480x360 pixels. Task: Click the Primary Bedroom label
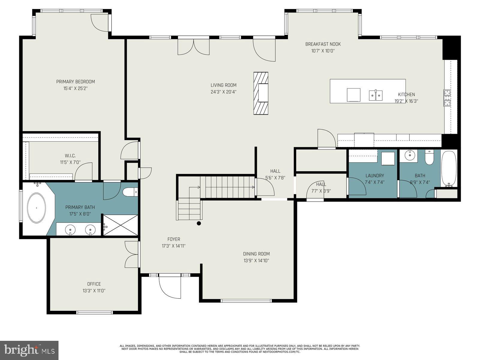click(x=75, y=82)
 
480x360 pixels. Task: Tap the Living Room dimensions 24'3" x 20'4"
click(x=223, y=92)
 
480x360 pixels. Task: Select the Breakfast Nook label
click(x=323, y=44)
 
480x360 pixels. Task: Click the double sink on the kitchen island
click(x=376, y=95)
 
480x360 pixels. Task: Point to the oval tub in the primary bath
click(x=37, y=208)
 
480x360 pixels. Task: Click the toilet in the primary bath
click(x=130, y=192)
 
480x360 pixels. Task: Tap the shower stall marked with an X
click(x=121, y=225)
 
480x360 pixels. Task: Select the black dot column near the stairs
click(x=199, y=223)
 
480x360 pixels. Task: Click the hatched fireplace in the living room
click(x=261, y=93)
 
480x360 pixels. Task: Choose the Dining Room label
click(x=256, y=254)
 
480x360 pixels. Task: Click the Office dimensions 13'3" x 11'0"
click(x=94, y=291)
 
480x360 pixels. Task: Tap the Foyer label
click(x=174, y=239)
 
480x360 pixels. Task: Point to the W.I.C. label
click(x=70, y=156)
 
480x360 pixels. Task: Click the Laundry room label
click(x=375, y=175)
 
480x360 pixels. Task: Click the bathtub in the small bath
click(x=449, y=169)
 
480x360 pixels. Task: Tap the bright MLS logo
click(x=29, y=350)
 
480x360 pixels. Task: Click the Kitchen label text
click(x=406, y=94)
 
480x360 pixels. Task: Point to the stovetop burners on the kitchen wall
click(x=447, y=98)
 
